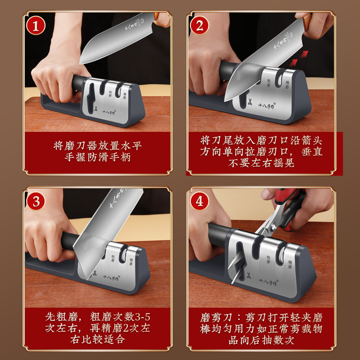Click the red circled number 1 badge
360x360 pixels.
[36, 26]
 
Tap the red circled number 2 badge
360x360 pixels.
[199, 26]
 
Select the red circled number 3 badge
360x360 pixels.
[36, 201]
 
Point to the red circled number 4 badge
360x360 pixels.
[199, 201]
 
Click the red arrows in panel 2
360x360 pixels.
[298, 58]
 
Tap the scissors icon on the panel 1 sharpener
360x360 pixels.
[95, 109]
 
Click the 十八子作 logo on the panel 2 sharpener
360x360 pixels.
[267, 106]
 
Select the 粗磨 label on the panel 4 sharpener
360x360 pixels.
[268, 260]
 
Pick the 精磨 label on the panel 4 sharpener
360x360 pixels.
[290, 265]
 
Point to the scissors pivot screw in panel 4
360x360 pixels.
[274, 228]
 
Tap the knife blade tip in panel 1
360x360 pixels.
[80, 63]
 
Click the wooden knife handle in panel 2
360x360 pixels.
[307, 21]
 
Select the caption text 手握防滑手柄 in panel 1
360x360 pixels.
[98, 157]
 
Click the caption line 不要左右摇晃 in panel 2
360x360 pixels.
[261, 163]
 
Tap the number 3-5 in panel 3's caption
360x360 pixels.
[142, 317]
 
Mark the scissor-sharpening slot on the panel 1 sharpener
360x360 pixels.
[91, 96]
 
